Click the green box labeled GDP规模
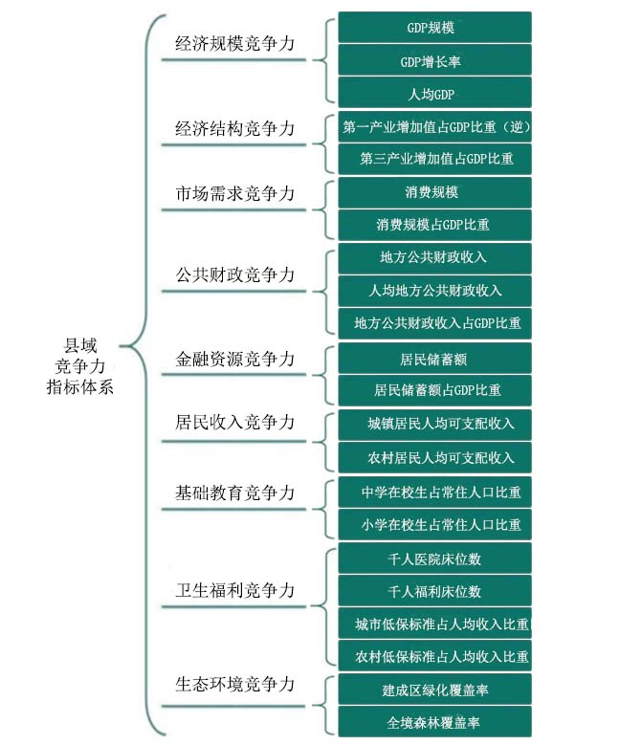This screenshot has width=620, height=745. [x=434, y=28]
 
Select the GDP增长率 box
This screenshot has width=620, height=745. [x=434, y=60]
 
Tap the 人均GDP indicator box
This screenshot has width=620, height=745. [x=434, y=93]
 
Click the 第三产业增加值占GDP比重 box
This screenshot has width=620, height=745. [x=434, y=159]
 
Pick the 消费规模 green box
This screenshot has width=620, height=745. [x=434, y=192]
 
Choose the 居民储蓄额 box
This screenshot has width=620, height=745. [x=434, y=359]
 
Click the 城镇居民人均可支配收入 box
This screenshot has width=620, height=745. [x=434, y=425]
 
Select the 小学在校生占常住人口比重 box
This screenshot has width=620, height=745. [x=434, y=524]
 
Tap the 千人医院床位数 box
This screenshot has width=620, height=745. [x=434, y=559]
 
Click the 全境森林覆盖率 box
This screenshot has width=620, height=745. [x=434, y=722]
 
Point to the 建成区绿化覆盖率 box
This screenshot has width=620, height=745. [x=434, y=689]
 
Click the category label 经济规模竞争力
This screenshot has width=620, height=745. [x=234, y=44]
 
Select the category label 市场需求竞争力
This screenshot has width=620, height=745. [x=234, y=193]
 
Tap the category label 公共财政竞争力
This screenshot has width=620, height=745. [x=234, y=274]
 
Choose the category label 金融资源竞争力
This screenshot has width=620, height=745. [x=234, y=359]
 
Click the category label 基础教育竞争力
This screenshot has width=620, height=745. [x=234, y=493]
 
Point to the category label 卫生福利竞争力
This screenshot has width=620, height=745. [x=234, y=590]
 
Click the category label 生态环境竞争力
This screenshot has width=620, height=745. [x=234, y=684]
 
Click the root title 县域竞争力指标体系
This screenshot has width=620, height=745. [x=79, y=366]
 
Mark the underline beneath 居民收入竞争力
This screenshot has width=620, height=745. [x=233, y=442]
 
